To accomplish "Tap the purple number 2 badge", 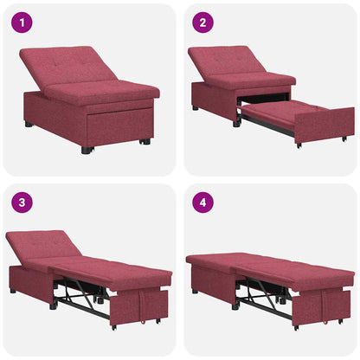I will click(201, 22).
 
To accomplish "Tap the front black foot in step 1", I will click(86, 150).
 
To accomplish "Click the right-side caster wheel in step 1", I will click(145, 141).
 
